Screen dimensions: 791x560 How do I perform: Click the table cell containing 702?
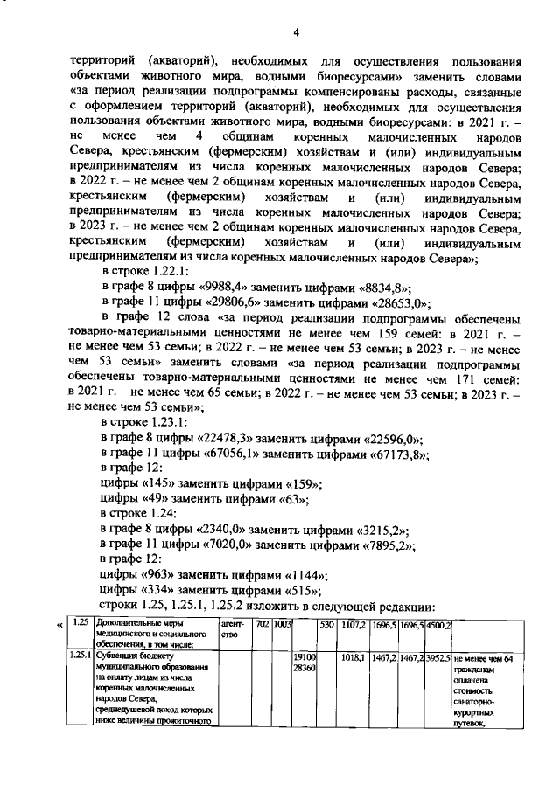(x=262, y=625)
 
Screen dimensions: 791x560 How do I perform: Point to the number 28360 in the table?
(x=303, y=667)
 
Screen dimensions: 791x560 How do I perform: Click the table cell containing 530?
(x=326, y=625)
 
